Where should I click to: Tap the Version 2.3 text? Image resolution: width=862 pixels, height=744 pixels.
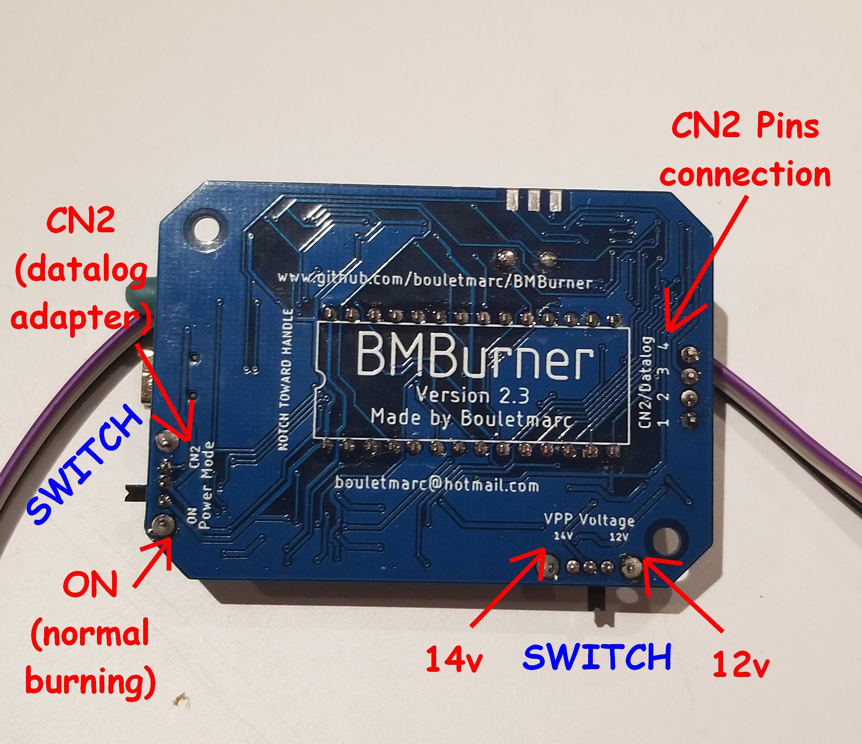pyautogui.click(x=472, y=394)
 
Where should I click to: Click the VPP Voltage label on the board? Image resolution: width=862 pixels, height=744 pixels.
pyautogui.click(x=589, y=519)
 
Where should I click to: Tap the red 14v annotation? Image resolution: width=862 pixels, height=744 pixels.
pyautogui.click(x=454, y=660)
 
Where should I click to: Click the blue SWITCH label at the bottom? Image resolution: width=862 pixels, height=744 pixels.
pyautogui.click(x=597, y=657)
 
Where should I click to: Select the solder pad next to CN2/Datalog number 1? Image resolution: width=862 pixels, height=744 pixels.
pyautogui.click(x=689, y=419)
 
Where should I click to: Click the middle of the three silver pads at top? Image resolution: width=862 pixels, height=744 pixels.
pyautogui.click(x=534, y=200)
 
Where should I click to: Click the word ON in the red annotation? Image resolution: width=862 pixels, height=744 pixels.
pyautogui.click(x=90, y=584)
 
